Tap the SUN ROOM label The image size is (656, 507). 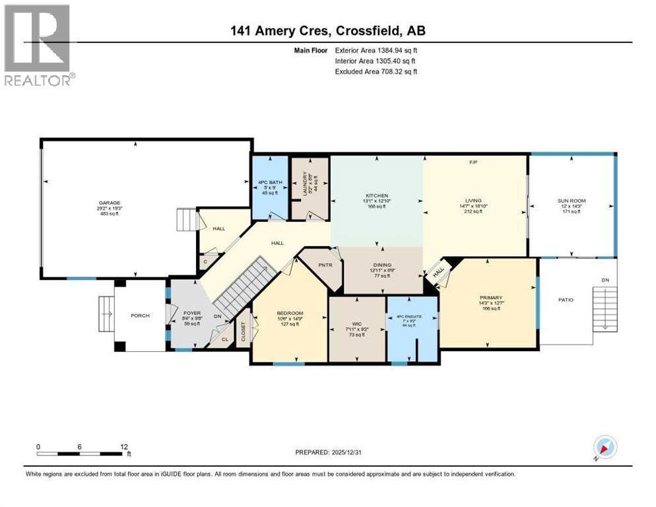click(x=572, y=200)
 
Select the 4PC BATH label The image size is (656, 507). click(x=270, y=182)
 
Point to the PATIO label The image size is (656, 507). click(x=566, y=300)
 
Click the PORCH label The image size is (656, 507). click(x=140, y=316)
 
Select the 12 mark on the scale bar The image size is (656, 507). click(x=124, y=446)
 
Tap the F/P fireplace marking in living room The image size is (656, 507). click(x=473, y=162)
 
